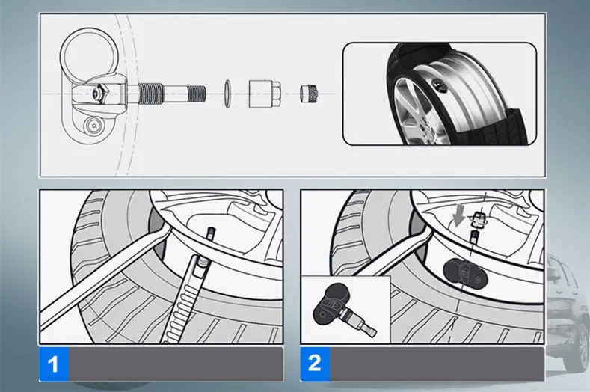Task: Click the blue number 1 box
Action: pyautogui.click(x=53, y=364)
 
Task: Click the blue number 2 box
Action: pyautogui.click(x=315, y=364)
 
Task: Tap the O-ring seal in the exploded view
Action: pyautogui.click(x=227, y=94)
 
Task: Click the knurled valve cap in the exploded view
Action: pyautogui.click(x=310, y=94)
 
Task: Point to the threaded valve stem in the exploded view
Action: pyautogui.click(x=172, y=94)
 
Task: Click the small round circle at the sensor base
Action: pyautogui.click(x=92, y=126)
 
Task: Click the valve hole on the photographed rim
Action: pyautogui.click(x=439, y=85)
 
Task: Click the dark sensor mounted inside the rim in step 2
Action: pyautogui.click(x=465, y=274)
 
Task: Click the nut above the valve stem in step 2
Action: pyautogui.click(x=478, y=218)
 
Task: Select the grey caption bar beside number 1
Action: pyautogui.click(x=176, y=364)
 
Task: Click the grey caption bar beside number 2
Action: pyautogui.click(x=437, y=364)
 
